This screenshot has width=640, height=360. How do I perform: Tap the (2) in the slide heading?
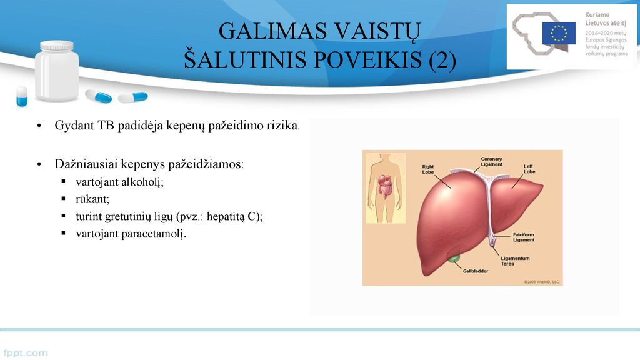coord(442,59)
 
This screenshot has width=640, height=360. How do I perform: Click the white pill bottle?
coord(57,71)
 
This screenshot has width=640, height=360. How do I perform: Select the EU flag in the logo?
coord(559,33)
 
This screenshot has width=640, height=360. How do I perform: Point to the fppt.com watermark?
coord(25,353)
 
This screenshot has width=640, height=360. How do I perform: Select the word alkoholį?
coord(142,182)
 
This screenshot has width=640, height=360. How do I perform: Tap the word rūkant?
coord(92,199)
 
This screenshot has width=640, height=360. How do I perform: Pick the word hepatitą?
coord(226,216)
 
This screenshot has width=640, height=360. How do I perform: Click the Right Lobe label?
coord(427,169)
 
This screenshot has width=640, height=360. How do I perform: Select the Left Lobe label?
coord(529,169)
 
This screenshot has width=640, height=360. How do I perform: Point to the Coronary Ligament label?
coord(491,162)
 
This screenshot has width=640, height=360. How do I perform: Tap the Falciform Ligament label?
coord(524,237)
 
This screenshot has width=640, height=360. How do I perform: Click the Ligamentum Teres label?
coord(515,261)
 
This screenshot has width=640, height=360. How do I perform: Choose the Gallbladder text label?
coord(476,271)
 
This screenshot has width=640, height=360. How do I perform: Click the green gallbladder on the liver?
coord(453,258)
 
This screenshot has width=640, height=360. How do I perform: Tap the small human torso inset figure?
coord(385,188)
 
